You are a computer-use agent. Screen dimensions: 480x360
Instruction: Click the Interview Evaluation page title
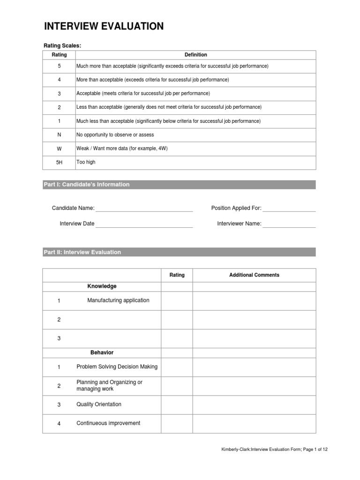coord(104,27)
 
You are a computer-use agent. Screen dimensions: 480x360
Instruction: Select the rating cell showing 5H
coord(59,162)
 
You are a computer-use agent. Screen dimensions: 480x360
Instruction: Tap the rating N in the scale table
coord(59,135)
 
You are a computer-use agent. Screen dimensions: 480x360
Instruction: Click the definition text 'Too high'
coord(86,162)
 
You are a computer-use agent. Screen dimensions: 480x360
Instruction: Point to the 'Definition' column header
coord(195,55)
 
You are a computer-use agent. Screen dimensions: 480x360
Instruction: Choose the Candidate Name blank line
coord(144,209)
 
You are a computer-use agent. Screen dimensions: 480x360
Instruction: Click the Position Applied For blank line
coord(289,209)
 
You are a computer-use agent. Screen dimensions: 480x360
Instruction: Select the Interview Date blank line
coord(144,224)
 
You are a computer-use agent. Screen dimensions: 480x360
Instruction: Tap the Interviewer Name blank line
coord(289,224)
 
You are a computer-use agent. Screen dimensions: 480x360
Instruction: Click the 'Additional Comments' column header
coord(254,275)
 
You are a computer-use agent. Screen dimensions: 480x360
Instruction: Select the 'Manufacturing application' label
coord(118,300)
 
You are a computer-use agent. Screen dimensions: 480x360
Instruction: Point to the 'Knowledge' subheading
coord(102,286)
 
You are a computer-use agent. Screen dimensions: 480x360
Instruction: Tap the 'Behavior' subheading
coord(102,352)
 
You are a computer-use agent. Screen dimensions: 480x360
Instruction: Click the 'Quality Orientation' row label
coord(99,405)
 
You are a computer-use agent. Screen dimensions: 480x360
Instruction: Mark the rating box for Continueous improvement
coord(177,423)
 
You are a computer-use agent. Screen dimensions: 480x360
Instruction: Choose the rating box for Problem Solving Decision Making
coord(177,367)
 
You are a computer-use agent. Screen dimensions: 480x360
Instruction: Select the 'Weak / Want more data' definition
coord(122,149)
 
